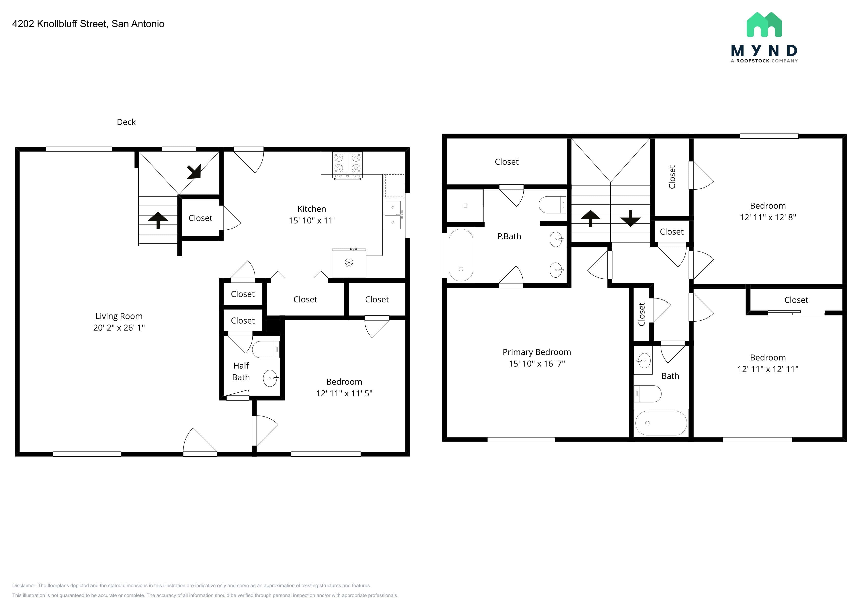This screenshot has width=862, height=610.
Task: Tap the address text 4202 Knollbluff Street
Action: tap(60, 24)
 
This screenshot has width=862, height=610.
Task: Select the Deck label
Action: tap(126, 122)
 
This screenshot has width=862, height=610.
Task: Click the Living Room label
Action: tap(119, 316)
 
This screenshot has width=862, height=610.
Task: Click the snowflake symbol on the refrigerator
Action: tap(349, 263)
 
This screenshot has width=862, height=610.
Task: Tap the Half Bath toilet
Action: tap(266, 349)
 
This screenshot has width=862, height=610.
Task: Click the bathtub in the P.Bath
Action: tap(461, 255)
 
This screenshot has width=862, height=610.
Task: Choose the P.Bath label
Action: tap(509, 236)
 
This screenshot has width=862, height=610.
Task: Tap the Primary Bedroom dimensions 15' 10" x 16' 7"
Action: tap(537, 364)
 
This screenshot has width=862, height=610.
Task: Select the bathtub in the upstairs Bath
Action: tap(661, 423)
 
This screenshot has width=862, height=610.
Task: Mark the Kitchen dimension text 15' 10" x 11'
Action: tap(312, 221)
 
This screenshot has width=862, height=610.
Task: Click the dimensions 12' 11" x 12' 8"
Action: tap(768, 217)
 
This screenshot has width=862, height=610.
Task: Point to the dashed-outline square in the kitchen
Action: tap(394, 186)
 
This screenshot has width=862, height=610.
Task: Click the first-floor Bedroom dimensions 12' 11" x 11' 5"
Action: tap(344, 393)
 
